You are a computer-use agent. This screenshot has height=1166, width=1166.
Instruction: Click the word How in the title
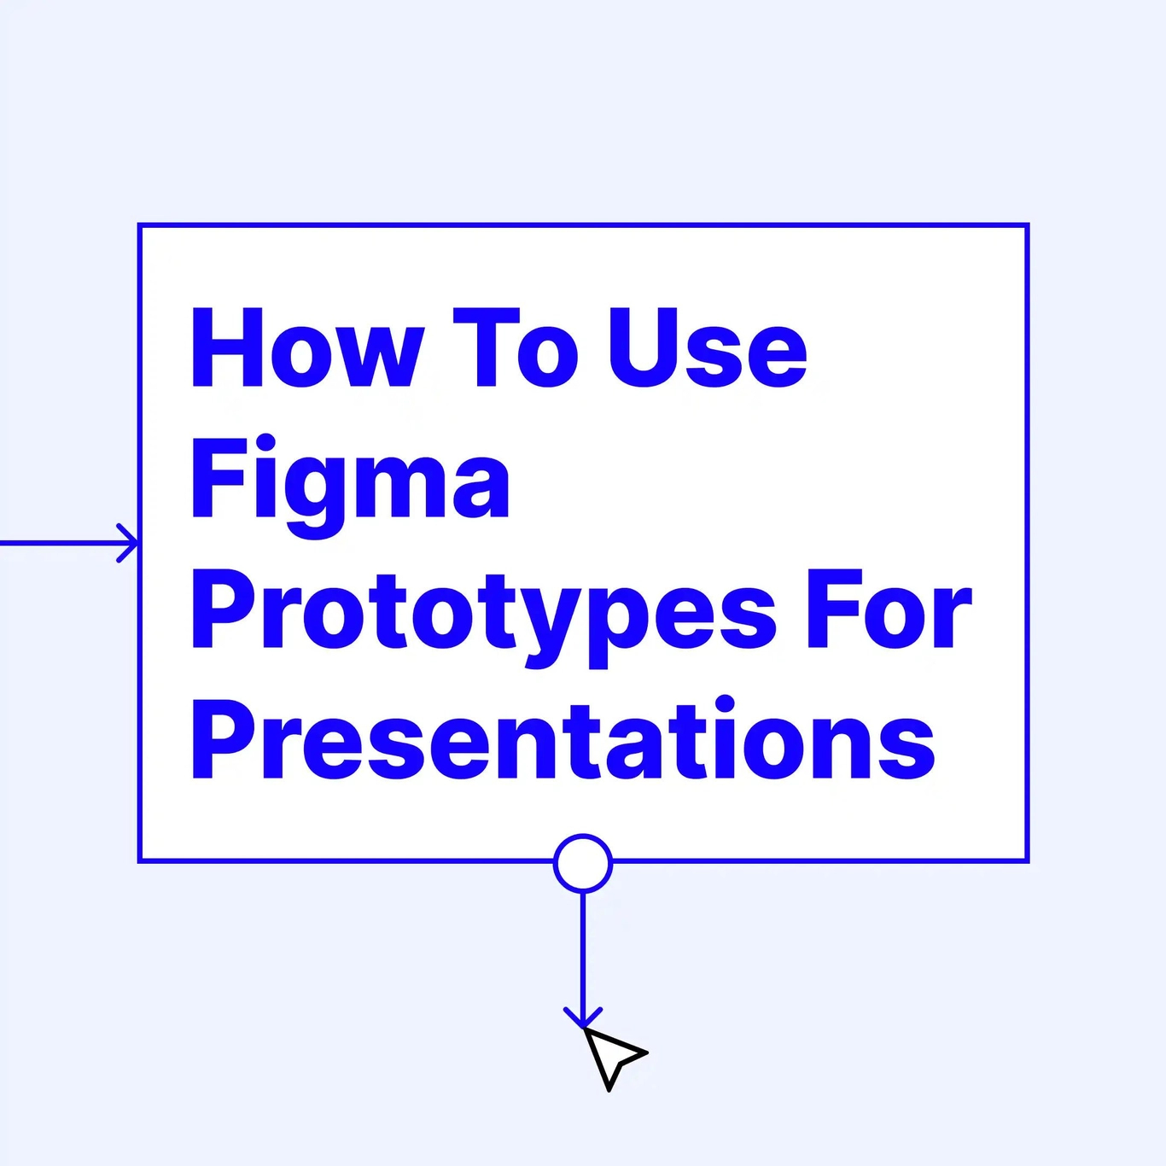tap(306, 348)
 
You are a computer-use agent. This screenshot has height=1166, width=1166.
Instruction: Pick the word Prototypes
tap(483, 613)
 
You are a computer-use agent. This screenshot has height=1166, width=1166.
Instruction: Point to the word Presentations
tap(563, 741)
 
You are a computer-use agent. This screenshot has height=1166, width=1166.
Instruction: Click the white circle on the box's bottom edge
tap(583, 863)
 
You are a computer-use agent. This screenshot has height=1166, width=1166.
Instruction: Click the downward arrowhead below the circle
tap(583, 1018)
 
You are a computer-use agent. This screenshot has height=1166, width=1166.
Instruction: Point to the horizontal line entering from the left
tap(60, 543)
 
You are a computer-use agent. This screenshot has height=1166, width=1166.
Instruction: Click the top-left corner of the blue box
tap(140, 226)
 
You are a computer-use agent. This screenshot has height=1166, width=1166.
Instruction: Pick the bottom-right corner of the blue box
tap(1027, 860)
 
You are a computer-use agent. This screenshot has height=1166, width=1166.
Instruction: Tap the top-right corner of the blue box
tap(1027, 226)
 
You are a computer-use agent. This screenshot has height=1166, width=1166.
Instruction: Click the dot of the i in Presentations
tap(725, 705)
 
